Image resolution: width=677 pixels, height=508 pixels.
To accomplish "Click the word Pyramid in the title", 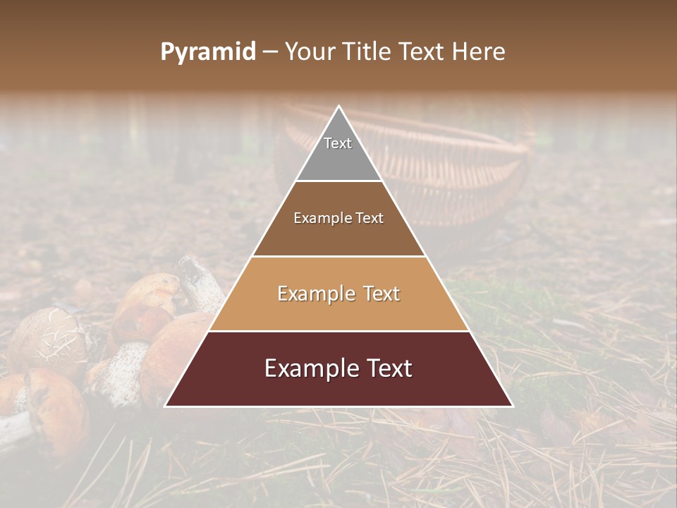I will click(x=208, y=52).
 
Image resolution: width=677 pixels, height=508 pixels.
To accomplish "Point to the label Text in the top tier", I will click(x=338, y=143).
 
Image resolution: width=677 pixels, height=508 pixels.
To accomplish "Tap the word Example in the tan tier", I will click(x=314, y=294).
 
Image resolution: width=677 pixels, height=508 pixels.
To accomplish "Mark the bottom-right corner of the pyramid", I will click(x=511, y=406).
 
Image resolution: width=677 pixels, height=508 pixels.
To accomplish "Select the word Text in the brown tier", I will click(x=370, y=218).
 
